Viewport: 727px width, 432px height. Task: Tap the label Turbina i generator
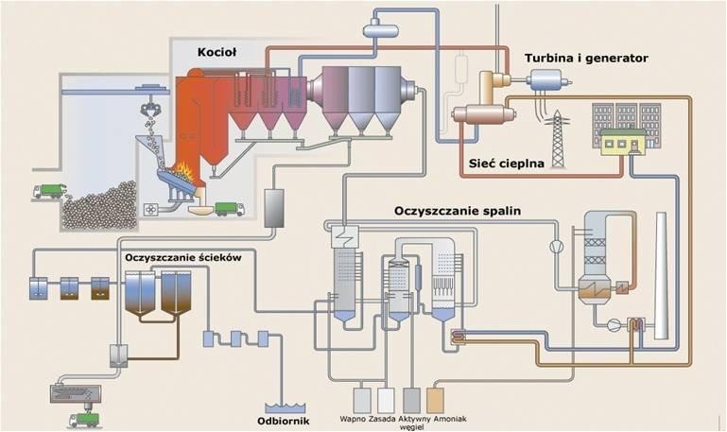click(x=586, y=58)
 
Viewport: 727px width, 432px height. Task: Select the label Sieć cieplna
click(x=507, y=164)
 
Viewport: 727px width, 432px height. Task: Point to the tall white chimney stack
click(x=661, y=274)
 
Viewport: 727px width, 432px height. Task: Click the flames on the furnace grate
click(x=183, y=174)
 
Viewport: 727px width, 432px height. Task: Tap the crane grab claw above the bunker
click(x=148, y=111)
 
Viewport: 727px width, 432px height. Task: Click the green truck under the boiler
click(x=229, y=208)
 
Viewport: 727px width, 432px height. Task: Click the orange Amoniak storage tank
click(x=435, y=399)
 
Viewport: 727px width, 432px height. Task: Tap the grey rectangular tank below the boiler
click(x=274, y=208)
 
